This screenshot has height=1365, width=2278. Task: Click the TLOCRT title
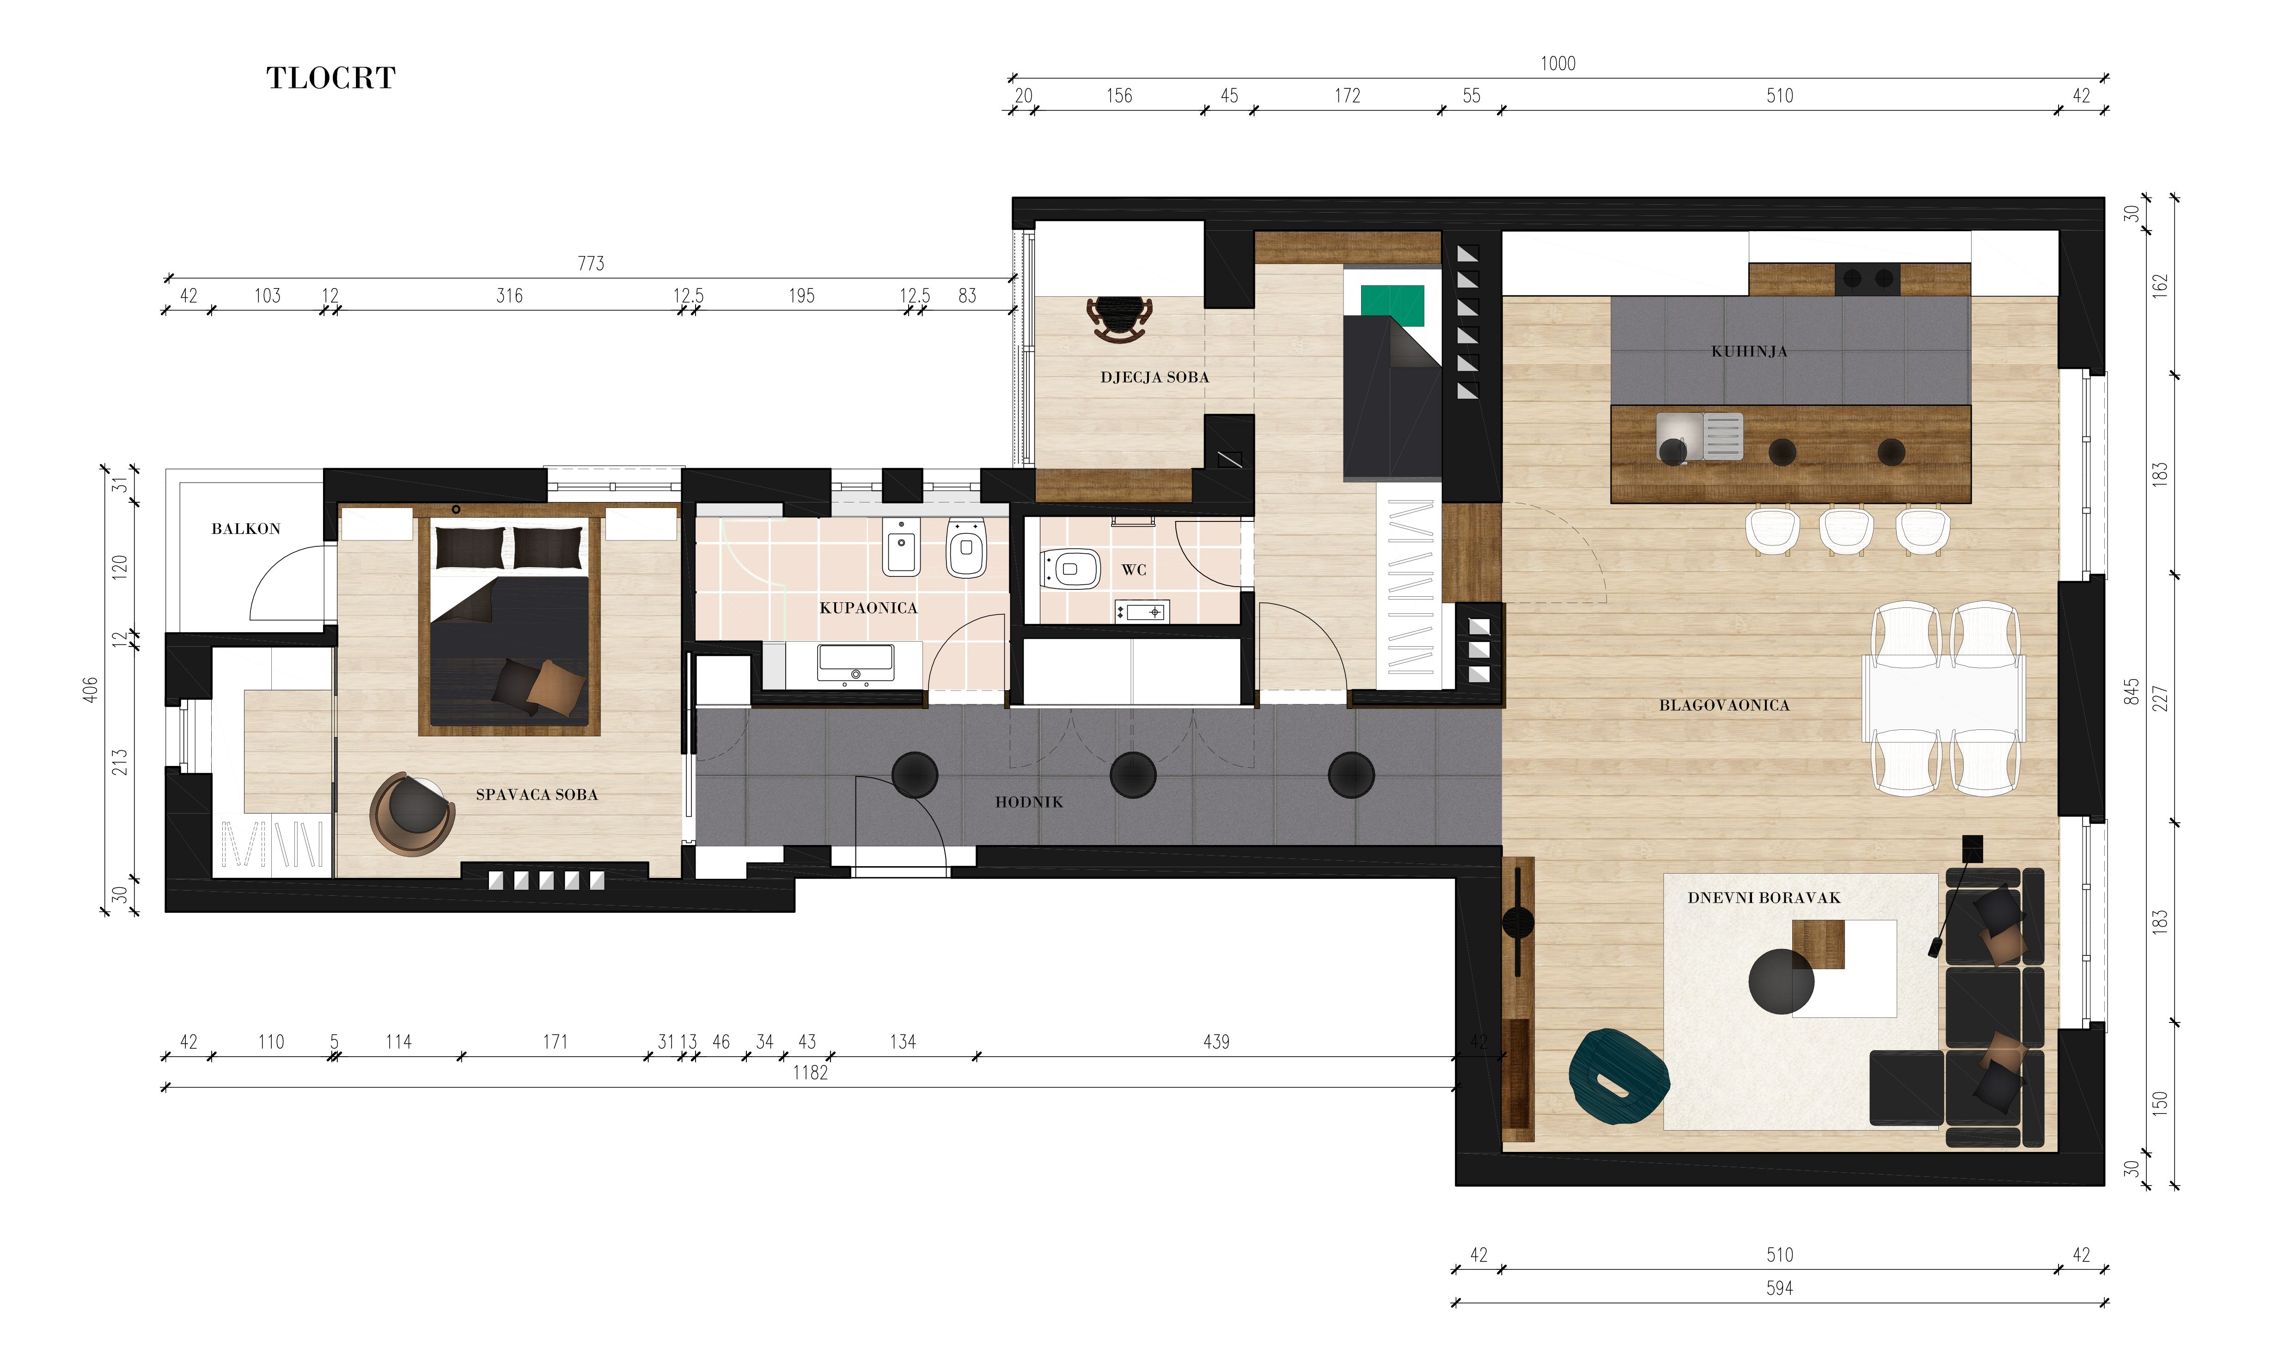[x=331, y=78]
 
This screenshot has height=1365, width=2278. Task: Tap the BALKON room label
[x=245, y=529]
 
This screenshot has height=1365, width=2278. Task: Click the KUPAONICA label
[x=868, y=608]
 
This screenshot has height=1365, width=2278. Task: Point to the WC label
[x=1134, y=570]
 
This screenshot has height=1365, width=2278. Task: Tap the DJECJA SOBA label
[x=1154, y=377]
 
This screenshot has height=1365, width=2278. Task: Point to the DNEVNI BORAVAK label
[x=1764, y=898]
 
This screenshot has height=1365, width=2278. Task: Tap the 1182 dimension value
[x=810, y=1072]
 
